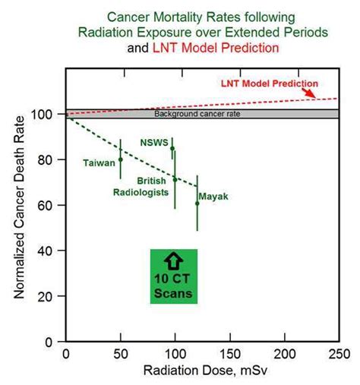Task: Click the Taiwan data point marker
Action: (120, 159)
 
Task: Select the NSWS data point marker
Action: (172, 149)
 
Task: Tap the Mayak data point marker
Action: (197, 204)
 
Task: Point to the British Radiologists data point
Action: (175, 180)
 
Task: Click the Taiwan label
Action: (99, 162)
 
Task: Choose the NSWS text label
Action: (154, 141)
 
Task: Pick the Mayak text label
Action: (214, 197)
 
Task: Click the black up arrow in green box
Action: (173, 262)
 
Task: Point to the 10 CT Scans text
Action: (173, 286)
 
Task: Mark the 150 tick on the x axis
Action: (230, 355)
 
